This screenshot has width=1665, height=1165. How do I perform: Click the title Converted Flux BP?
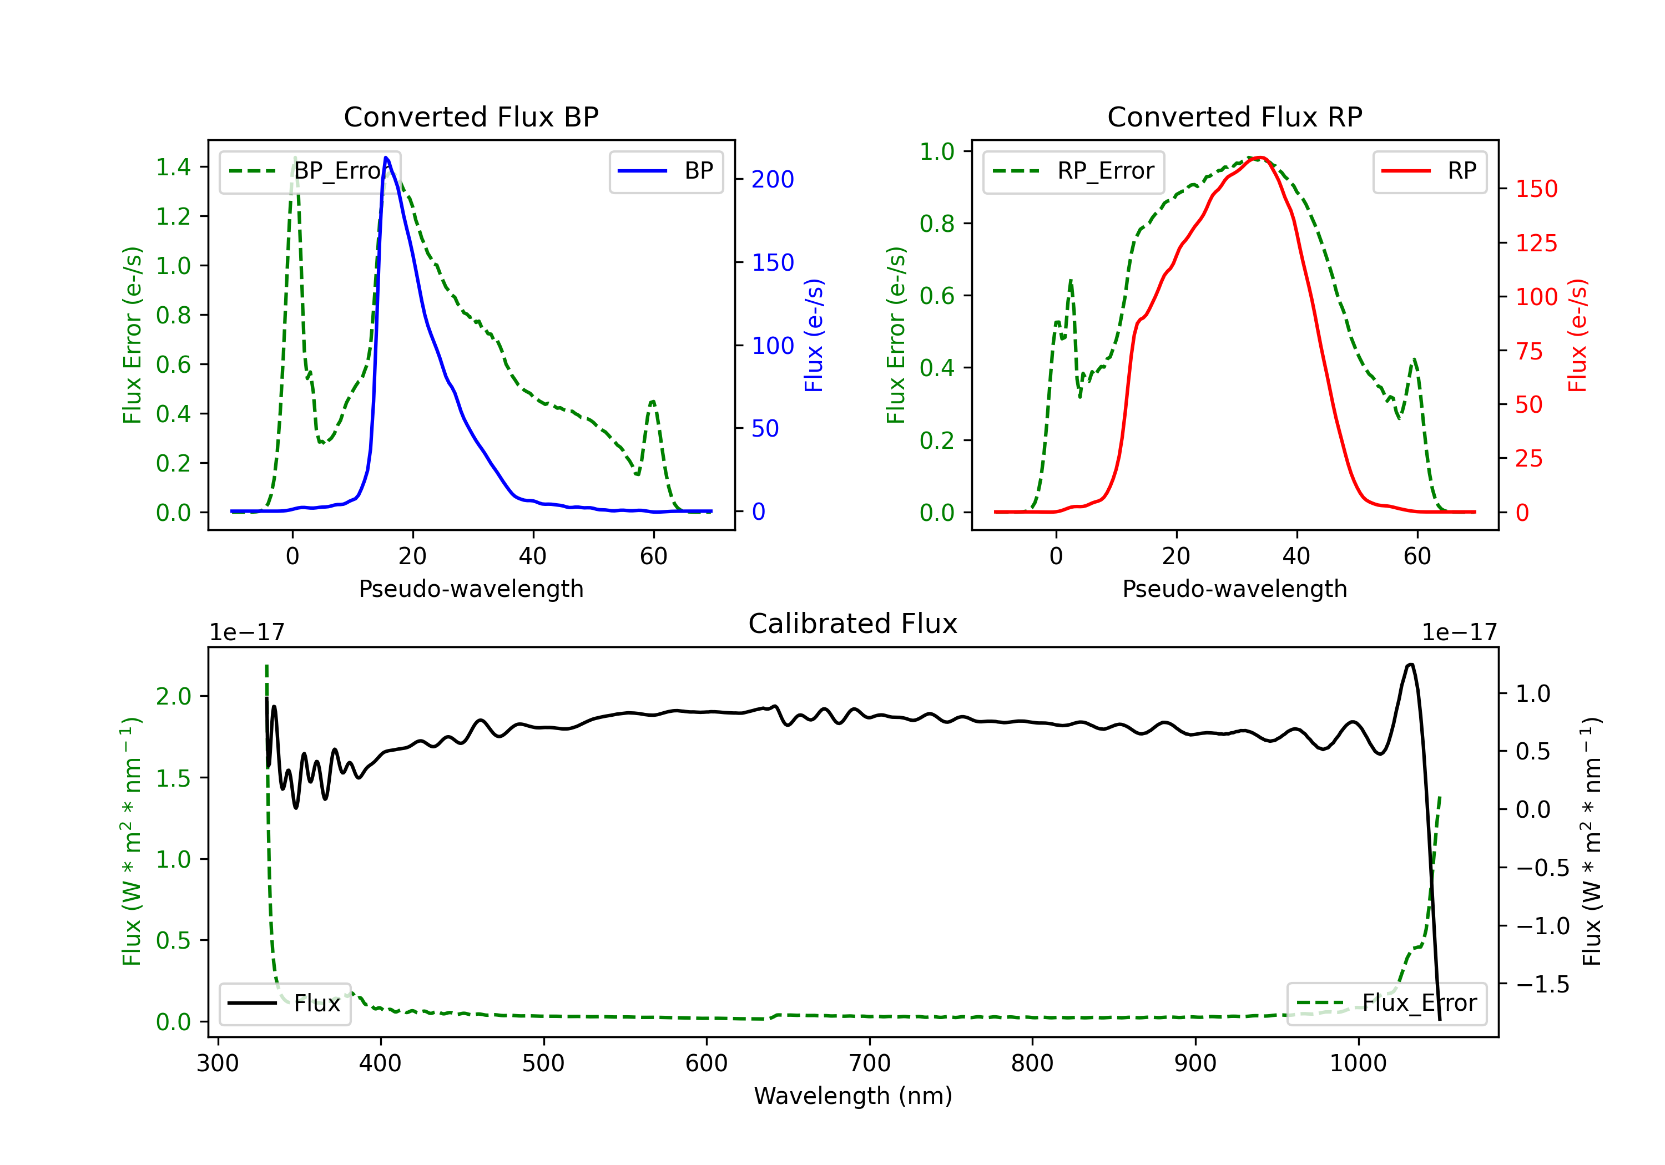(471, 116)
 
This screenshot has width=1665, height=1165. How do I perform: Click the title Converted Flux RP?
(1234, 116)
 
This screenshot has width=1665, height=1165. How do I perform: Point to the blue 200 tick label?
(773, 179)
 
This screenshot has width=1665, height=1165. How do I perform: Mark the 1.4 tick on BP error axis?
(173, 168)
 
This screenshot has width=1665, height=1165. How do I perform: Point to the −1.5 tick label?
(1542, 985)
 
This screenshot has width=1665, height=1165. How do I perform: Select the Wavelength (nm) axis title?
(853, 1096)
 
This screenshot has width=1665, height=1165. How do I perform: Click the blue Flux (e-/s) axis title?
(814, 335)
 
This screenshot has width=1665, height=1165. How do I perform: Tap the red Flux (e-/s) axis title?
(1577, 335)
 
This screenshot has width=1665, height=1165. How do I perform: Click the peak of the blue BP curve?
(386, 158)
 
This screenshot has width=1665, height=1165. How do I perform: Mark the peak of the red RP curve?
(1260, 158)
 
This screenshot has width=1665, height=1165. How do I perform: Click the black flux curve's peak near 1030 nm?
(1410, 664)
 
